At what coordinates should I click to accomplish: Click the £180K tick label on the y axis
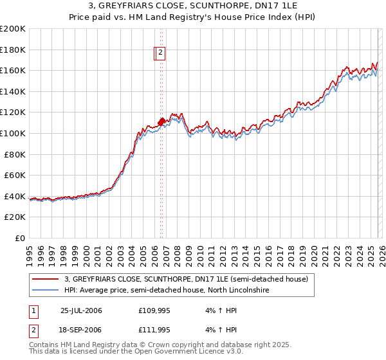tap(13, 50)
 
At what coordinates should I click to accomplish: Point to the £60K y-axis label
tap(15, 175)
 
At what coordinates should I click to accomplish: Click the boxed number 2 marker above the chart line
tap(160, 54)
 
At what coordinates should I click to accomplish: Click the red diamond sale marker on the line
tap(161, 121)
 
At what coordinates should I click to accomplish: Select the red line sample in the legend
tap(46, 279)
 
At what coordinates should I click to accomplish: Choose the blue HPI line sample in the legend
tap(46, 291)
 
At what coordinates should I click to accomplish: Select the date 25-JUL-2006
tap(81, 310)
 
